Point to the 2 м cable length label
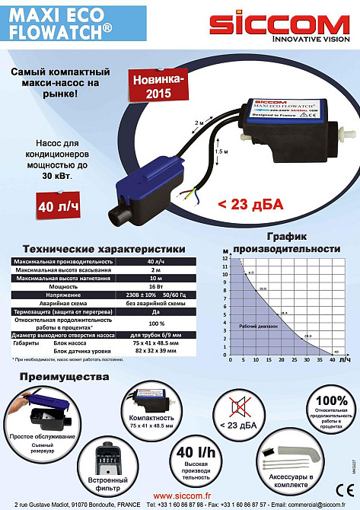pos(200,122)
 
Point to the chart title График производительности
pos(287,242)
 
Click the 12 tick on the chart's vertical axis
pos(225,258)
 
